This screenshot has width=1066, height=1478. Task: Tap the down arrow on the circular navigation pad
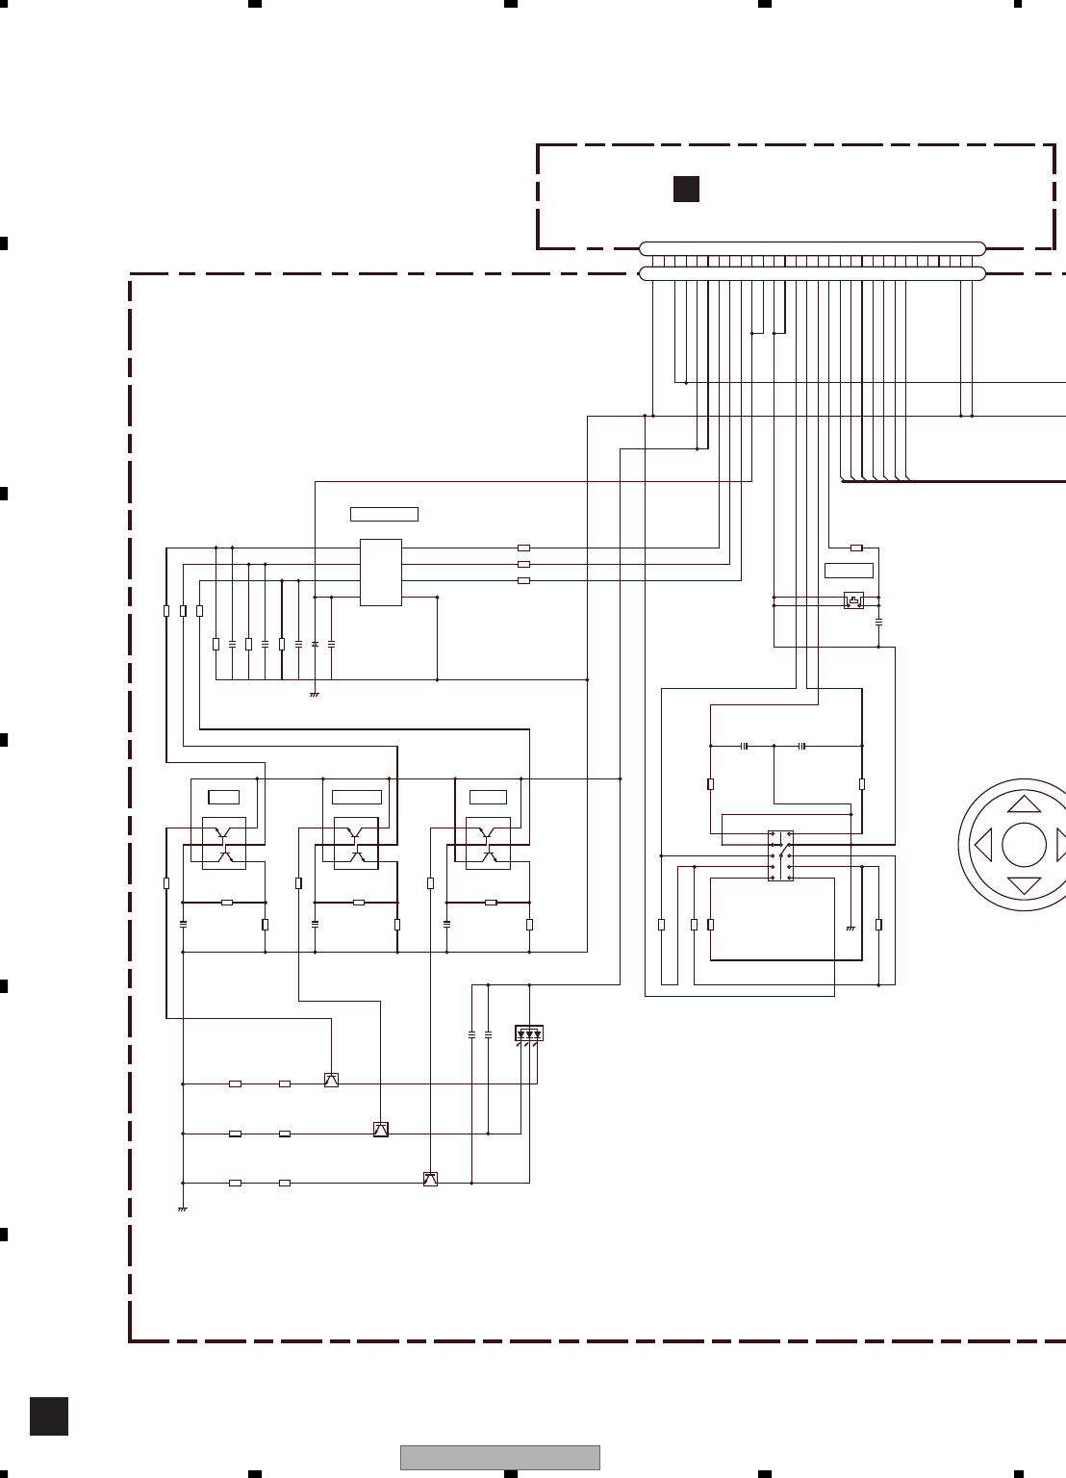(x=1025, y=885)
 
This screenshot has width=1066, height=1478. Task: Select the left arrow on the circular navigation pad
(x=983, y=846)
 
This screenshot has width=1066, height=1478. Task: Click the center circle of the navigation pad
(x=1024, y=845)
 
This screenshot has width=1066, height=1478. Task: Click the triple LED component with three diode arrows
(x=529, y=1033)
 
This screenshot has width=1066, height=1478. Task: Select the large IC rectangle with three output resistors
(x=381, y=573)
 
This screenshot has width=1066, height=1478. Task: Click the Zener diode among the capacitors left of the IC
(x=316, y=643)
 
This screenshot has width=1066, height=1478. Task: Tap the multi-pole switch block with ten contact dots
(x=780, y=856)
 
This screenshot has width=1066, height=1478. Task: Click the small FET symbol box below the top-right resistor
(x=853, y=600)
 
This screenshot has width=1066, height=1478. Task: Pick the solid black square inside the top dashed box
(x=686, y=190)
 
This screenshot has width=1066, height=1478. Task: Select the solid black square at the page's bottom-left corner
(x=49, y=1416)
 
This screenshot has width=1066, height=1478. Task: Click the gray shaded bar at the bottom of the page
(x=500, y=1457)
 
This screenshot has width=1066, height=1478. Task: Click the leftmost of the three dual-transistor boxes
(x=224, y=843)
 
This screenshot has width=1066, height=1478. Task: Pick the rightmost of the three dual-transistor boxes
(x=488, y=843)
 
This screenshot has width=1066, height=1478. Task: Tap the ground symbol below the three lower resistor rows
(x=182, y=1209)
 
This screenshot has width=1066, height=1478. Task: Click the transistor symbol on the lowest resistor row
(x=430, y=1180)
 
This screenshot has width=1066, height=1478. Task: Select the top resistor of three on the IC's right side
(x=523, y=548)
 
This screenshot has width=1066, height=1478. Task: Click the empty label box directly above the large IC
(x=384, y=514)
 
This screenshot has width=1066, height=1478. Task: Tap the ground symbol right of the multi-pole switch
(x=850, y=929)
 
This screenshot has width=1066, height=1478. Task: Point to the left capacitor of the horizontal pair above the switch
(x=745, y=746)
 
